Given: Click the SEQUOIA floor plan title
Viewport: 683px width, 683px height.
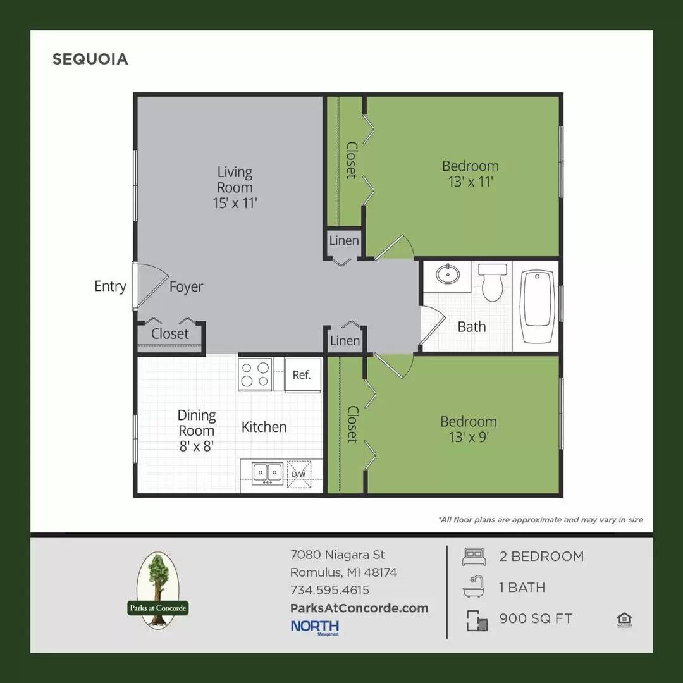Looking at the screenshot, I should coord(90,59).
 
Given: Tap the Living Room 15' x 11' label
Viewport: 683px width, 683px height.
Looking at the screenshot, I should coord(235,187).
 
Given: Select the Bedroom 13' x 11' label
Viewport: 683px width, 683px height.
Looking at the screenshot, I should coord(470,174).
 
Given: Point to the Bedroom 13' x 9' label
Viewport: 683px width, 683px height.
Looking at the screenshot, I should coord(469,429).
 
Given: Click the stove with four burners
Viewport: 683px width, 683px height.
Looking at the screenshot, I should coord(255,374).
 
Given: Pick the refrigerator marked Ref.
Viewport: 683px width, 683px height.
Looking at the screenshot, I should coord(302,374).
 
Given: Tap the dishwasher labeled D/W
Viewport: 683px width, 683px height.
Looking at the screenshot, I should coord(298,474).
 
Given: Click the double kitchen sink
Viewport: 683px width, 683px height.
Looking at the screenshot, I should coord(268,472).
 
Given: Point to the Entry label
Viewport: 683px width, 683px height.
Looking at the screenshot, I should coord(110,286).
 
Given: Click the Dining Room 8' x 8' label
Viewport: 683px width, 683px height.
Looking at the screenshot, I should coord(196,430).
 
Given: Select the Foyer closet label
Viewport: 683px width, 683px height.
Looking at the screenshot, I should coord(170,333).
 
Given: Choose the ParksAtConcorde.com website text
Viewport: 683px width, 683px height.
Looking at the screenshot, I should coord(359,608).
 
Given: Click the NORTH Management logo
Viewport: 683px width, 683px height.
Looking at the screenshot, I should coord(314,627).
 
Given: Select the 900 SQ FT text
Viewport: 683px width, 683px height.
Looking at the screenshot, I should coord(535,618).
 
